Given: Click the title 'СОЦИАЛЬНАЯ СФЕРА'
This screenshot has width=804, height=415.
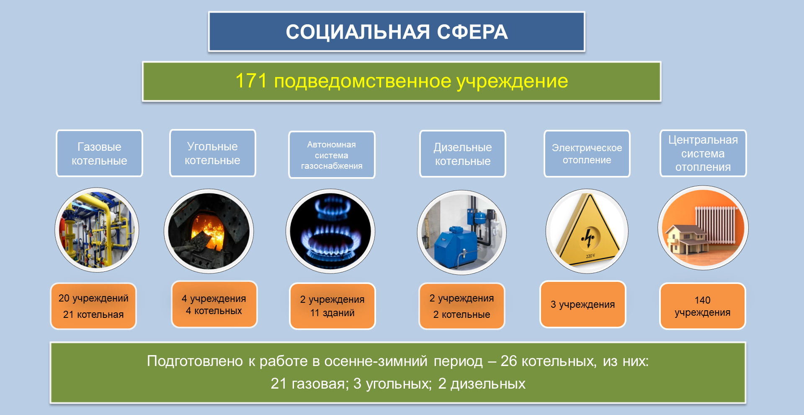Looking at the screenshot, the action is (x=397, y=32).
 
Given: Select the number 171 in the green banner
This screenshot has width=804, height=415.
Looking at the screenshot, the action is (x=251, y=81).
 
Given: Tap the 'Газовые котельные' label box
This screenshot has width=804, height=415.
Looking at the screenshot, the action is (x=100, y=153).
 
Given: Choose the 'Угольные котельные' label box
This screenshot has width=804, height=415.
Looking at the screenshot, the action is (x=213, y=153).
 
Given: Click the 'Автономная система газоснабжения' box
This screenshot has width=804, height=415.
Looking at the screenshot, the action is (x=332, y=155).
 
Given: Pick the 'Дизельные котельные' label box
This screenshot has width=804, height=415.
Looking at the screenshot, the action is (x=463, y=154).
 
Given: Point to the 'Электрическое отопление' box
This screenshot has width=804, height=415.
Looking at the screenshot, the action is (x=587, y=154).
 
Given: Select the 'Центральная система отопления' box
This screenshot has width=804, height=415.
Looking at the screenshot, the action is (x=703, y=153).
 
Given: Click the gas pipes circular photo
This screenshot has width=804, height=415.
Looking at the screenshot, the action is (x=97, y=230).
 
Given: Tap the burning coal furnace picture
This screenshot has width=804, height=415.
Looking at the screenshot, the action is (x=209, y=231).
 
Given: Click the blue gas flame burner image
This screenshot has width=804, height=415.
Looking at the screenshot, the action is (x=330, y=231).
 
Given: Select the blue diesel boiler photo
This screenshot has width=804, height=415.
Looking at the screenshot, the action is (x=462, y=232).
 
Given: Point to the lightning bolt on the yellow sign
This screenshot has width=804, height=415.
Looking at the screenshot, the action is (x=588, y=238).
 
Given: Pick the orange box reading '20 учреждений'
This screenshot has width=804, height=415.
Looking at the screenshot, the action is (x=93, y=306).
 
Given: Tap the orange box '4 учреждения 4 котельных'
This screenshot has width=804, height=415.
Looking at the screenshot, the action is (x=214, y=304).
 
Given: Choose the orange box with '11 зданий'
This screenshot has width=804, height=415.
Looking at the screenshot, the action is (x=332, y=306).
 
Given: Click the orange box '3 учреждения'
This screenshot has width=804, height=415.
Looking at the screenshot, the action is (x=582, y=304).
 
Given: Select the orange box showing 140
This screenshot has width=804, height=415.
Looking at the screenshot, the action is (x=703, y=306).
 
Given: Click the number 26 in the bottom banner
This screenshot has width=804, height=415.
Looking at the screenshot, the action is (x=508, y=361).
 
